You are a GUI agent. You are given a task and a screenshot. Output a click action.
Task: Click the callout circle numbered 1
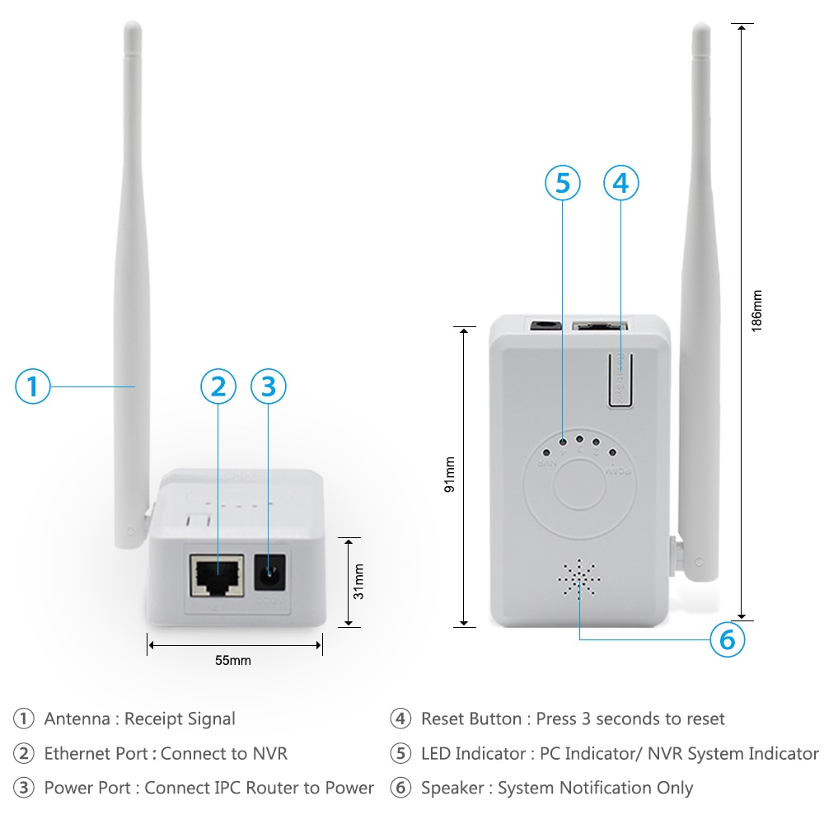click(33, 386)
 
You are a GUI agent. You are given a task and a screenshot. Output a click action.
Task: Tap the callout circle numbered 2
click(218, 386)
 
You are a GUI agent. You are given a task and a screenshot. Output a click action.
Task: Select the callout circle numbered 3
click(268, 386)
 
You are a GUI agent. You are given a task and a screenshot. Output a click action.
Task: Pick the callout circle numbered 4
click(621, 183)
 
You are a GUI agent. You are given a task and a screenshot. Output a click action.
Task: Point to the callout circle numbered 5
click(562, 183)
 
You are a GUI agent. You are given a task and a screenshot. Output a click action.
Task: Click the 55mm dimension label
click(233, 660)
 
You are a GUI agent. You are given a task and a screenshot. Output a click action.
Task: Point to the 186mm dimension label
click(756, 310)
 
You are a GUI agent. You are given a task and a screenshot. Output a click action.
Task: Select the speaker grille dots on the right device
click(579, 578)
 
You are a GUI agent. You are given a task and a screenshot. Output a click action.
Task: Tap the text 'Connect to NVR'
click(224, 753)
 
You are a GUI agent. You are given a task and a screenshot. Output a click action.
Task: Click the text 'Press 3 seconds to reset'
click(630, 719)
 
